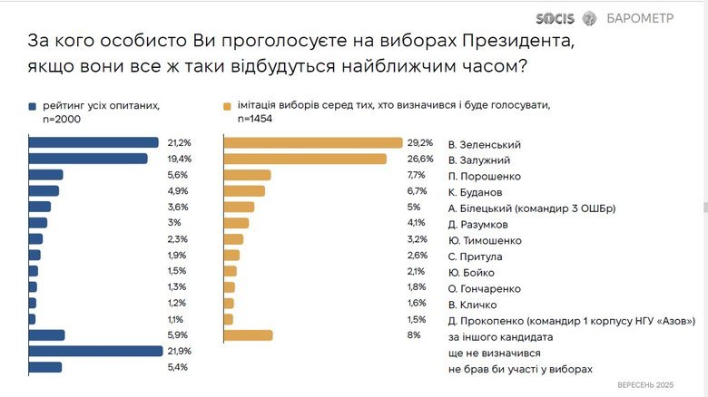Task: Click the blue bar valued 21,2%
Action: (93, 142)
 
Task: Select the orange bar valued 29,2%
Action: (312, 142)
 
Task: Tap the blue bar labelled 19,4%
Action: (88, 159)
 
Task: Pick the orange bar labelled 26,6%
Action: (305, 159)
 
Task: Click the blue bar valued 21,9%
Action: (95, 351)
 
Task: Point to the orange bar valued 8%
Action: (248, 335)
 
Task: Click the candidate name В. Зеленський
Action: (485, 144)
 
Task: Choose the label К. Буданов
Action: (477, 192)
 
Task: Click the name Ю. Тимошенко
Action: (485, 240)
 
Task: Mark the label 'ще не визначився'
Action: (495, 353)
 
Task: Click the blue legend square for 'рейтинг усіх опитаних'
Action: (33, 105)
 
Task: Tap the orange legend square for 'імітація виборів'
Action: (227, 105)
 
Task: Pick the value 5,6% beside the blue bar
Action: (177, 175)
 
